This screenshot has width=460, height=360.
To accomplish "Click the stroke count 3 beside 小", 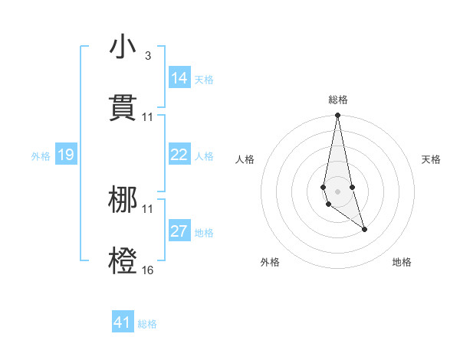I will [x=147, y=56].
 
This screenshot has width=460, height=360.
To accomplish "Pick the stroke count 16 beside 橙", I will [x=147, y=270].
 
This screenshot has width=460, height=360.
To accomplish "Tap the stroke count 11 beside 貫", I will [x=147, y=117].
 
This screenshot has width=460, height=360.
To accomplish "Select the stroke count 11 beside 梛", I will [x=147, y=209].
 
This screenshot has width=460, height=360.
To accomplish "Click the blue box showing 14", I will [x=179, y=78].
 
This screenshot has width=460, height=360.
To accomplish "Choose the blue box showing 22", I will [x=179, y=155].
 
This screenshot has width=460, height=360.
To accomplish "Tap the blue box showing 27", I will [x=179, y=231].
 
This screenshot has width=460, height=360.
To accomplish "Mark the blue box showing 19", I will [x=66, y=155].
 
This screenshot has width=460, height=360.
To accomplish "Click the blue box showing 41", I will [x=123, y=322].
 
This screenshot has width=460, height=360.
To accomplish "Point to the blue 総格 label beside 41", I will [x=147, y=324].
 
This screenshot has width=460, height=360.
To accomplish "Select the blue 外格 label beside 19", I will [x=41, y=156].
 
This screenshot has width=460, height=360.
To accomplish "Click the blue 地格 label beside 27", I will [x=204, y=233].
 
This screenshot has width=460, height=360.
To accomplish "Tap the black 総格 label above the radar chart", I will [x=338, y=100].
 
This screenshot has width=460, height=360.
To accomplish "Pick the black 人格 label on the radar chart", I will [x=245, y=159].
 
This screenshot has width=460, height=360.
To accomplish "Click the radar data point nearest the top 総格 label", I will [x=337, y=116].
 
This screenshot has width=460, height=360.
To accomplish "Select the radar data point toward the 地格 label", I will [x=364, y=229].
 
